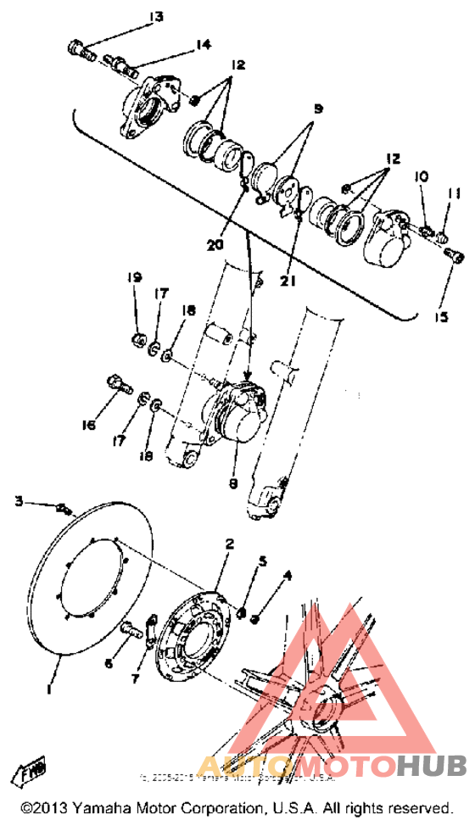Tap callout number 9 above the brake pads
click(x=318, y=110)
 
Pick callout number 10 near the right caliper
click(x=421, y=176)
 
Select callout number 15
click(x=439, y=316)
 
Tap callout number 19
click(x=134, y=278)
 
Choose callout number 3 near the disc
click(x=19, y=502)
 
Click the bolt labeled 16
click(x=118, y=385)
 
